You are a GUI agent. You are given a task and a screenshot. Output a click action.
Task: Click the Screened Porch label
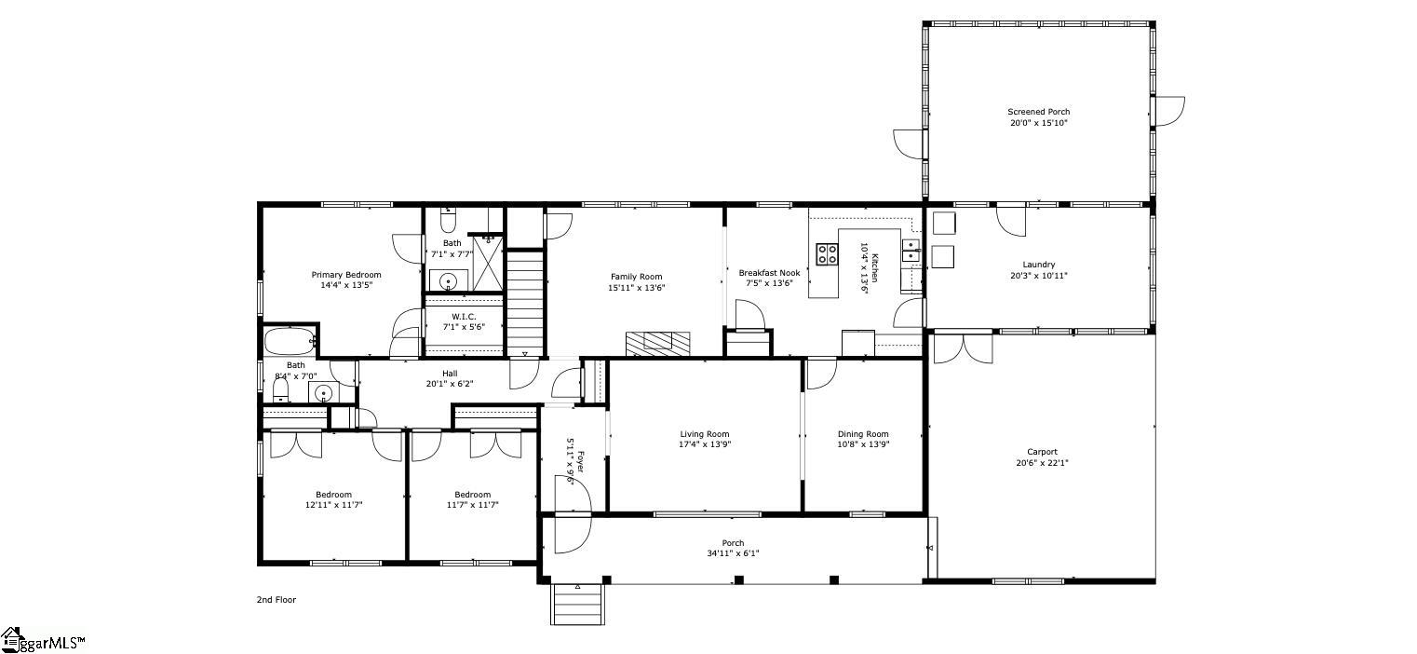[1038, 112]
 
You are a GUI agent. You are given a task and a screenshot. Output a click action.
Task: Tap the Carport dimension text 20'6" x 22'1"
[1042, 462]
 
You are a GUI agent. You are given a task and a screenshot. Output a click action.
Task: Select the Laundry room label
[1038, 265]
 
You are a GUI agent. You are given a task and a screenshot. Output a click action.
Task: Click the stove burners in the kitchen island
[826, 254]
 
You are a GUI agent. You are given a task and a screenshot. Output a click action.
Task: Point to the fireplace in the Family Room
[658, 343]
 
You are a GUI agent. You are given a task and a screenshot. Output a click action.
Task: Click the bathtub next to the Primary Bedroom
[290, 340]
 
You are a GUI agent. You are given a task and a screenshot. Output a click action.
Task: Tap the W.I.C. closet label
[464, 317]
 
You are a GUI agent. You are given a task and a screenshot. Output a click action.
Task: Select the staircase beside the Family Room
[525, 303]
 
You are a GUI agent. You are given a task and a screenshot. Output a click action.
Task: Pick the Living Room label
[704, 434]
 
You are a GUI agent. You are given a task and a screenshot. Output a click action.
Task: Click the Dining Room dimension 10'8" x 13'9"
[863, 444]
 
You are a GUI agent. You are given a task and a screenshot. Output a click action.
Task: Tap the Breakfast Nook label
[769, 273]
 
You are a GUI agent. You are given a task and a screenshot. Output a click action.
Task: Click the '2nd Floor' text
[276, 600]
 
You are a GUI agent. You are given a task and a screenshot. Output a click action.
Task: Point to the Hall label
[450, 374]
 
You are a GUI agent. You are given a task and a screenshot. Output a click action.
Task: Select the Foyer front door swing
[571, 533]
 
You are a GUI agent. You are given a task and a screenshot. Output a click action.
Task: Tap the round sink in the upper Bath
[450, 280]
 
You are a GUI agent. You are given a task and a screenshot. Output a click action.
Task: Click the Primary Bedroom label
[345, 275]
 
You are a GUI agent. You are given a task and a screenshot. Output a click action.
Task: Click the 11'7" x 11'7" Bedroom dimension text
[472, 505]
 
